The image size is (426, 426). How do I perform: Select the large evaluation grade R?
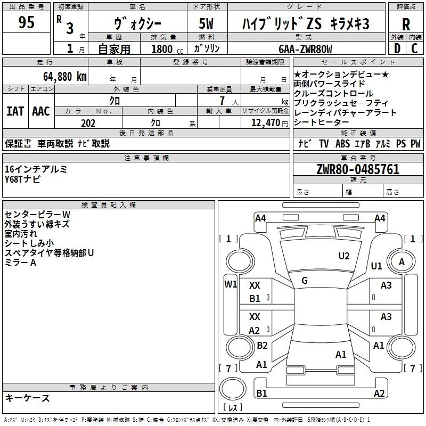(x=406, y=24)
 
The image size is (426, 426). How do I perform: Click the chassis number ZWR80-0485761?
(x=357, y=169)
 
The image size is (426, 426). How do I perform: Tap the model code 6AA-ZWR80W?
(x=305, y=50)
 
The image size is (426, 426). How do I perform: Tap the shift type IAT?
(x=15, y=111)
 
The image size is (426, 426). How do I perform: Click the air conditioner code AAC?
(x=40, y=111)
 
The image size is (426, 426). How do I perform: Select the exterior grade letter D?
(x=397, y=49)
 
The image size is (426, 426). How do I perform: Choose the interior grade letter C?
(x=415, y=49)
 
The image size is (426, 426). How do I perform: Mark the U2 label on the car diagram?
(x=344, y=256)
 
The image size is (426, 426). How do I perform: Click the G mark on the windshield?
(x=304, y=280)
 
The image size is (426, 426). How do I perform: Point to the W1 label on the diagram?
(x=230, y=284)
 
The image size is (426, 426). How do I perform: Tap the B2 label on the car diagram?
(x=262, y=346)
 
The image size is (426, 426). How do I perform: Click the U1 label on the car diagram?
(x=376, y=266)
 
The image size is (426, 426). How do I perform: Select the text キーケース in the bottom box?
(x=27, y=398)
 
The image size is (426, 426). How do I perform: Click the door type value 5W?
(x=206, y=24)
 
